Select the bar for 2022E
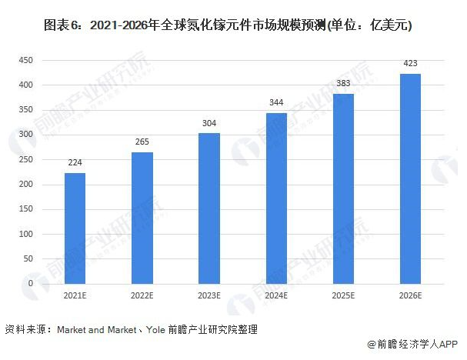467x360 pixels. [x=142, y=218]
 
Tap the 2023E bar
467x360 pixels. [x=209, y=208]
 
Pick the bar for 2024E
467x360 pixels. [x=276, y=198]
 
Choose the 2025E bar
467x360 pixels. [x=343, y=188]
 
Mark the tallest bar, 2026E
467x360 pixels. [x=411, y=178]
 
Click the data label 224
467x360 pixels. [x=75, y=162]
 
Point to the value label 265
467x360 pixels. [x=142, y=142]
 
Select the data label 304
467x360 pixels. [x=209, y=123]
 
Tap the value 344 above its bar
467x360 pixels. [x=276, y=103]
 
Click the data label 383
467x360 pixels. [x=343, y=84]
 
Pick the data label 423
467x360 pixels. [x=411, y=64]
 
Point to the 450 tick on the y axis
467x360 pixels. [x=26, y=60]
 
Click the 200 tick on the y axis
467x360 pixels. [x=26, y=185]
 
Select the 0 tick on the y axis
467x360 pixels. [x=31, y=284]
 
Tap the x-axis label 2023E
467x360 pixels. [x=209, y=295]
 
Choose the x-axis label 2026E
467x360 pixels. [x=411, y=295]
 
